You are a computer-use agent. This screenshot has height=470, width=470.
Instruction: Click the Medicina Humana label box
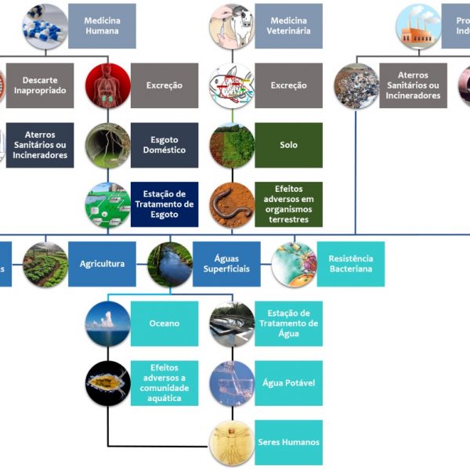(x=102, y=26)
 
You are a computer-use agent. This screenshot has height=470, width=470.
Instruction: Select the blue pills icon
(x=45, y=26)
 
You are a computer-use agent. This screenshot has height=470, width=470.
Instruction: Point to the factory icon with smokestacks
(x=418, y=26)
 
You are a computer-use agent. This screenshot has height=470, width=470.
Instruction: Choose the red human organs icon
(x=107, y=85)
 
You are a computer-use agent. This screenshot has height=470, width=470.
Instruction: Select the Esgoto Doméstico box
(x=164, y=145)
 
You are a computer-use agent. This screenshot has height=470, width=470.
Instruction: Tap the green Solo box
(x=288, y=145)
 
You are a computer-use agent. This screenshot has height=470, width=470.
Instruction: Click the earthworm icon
(x=232, y=204)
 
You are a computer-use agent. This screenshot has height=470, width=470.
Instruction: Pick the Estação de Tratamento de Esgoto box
(x=164, y=204)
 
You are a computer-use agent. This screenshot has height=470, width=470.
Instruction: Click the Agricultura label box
(x=102, y=264)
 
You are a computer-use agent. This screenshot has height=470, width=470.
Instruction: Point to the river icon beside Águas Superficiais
(x=170, y=264)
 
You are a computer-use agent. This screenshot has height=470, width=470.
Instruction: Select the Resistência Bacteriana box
(x=350, y=264)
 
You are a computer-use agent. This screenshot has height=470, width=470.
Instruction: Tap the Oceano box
(x=164, y=324)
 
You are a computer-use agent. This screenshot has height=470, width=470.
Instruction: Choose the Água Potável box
(x=288, y=383)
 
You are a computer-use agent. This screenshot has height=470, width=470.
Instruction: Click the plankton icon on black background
(x=107, y=383)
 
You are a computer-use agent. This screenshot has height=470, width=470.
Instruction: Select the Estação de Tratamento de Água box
(x=288, y=324)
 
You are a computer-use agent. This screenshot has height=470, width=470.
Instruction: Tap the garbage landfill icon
(x=356, y=85)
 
